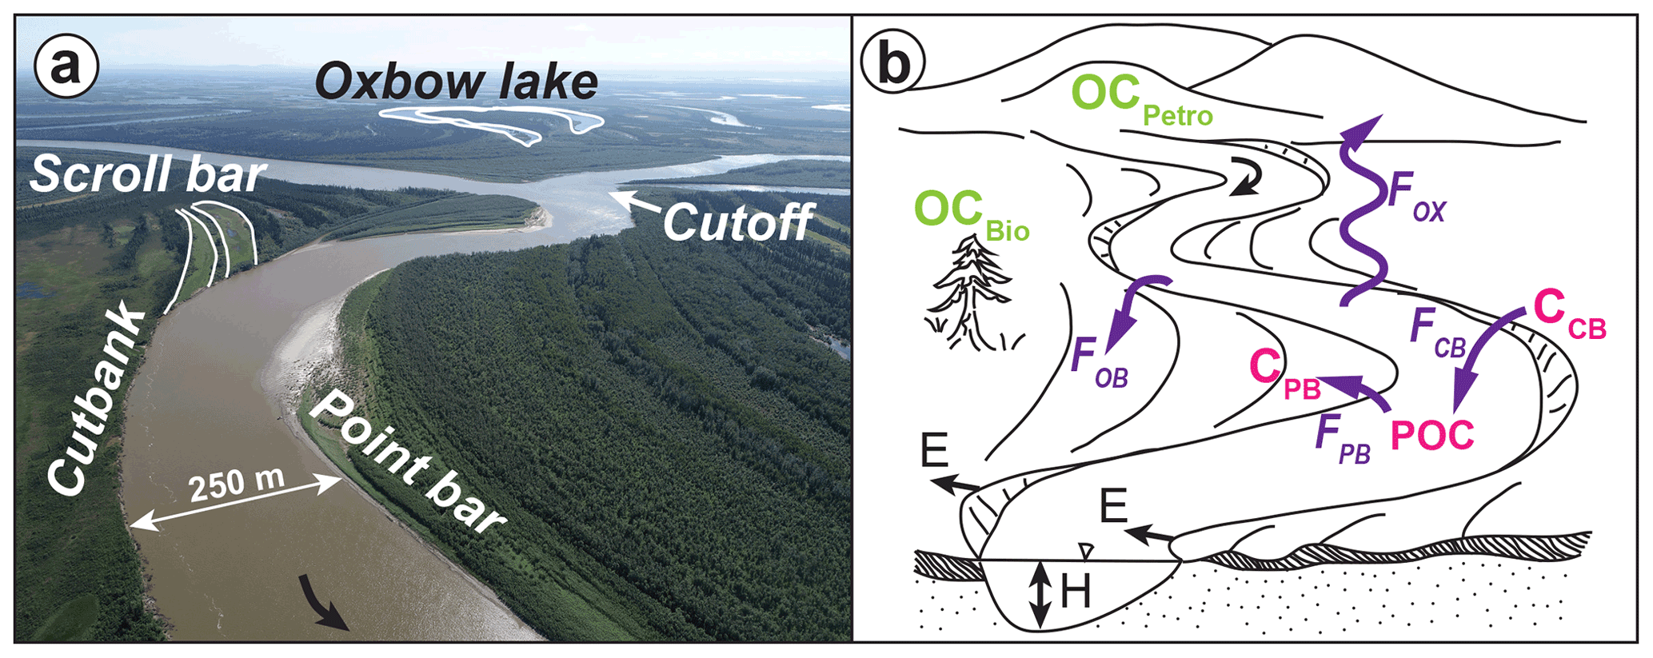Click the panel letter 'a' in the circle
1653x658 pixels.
click(66, 67)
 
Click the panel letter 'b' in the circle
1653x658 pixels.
click(893, 64)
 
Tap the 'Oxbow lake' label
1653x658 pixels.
click(456, 82)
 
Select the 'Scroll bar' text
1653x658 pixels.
click(147, 173)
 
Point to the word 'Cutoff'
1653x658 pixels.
click(737, 222)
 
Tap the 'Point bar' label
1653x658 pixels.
click(405, 463)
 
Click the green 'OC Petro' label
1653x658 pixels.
click(1140, 99)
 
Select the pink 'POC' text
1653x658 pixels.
click(1432, 436)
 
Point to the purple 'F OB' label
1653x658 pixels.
click(1099, 364)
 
